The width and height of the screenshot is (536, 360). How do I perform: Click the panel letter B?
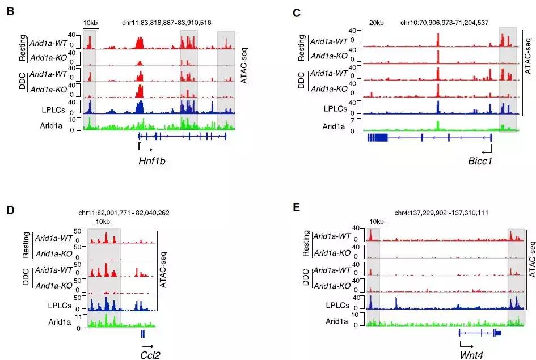[x=10, y=11]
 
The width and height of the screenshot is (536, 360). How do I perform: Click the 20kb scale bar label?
[x=376, y=23]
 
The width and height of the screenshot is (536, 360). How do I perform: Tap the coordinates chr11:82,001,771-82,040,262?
[x=123, y=213]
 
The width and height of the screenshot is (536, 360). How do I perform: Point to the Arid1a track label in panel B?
[x=57, y=125]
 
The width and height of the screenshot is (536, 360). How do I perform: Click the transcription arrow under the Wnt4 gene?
[x=466, y=344]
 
